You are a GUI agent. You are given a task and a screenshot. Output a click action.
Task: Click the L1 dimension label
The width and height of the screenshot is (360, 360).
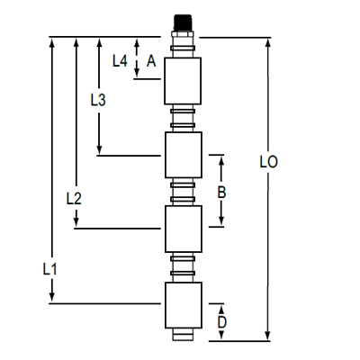(x=51, y=268)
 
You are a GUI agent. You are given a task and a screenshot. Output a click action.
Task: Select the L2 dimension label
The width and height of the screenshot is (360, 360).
(x=75, y=198)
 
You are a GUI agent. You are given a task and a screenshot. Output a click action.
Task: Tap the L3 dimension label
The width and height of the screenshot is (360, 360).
(x=99, y=101)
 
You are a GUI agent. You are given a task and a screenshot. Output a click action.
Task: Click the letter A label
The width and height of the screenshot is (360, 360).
(x=151, y=61)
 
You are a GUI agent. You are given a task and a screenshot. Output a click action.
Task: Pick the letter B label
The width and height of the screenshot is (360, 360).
(x=221, y=192)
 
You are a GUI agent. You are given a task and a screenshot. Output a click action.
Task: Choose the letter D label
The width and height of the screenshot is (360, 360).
(x=221, y=321)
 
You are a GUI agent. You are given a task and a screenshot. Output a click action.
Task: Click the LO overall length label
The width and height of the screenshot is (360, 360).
(x=267, y=163)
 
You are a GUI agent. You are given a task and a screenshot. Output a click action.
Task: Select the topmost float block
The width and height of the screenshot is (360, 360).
(x=183, y=79)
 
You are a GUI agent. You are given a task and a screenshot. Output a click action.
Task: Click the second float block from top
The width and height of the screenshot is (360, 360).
(x=183, y=155)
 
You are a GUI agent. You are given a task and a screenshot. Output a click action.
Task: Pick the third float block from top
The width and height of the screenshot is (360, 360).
(x=183, y=229)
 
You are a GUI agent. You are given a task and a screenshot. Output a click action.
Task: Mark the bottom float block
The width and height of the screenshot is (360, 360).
(x=183, y=305)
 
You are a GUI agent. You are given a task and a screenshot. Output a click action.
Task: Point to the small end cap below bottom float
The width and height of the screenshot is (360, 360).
(x=183, y=334)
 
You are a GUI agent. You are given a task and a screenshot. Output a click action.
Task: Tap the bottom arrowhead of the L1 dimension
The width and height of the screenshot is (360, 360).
(x=51, y=298)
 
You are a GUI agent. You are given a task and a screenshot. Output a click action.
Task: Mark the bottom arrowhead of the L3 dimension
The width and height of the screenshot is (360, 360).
(x=99, y=149)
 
